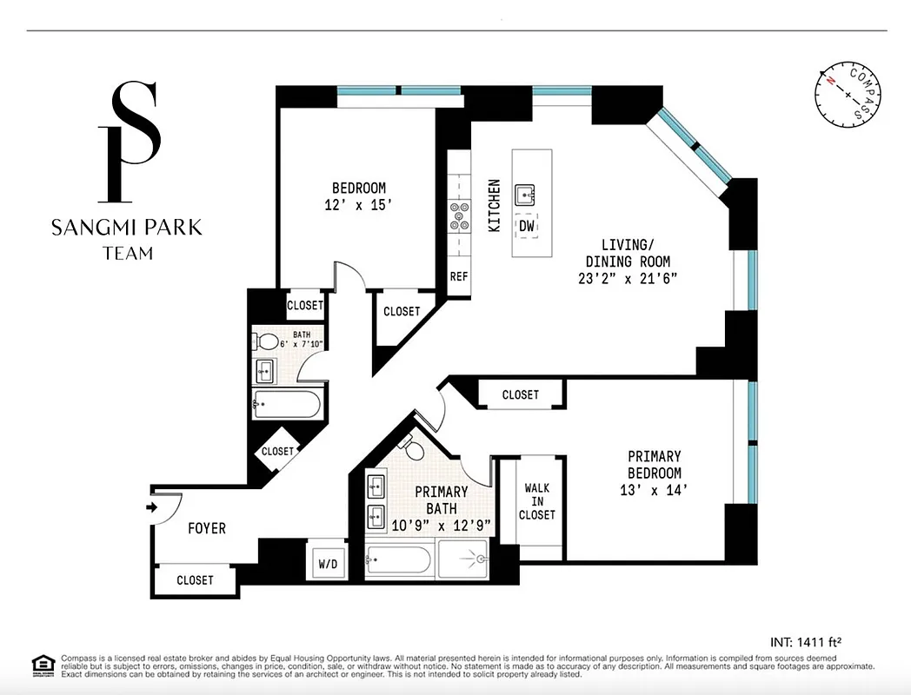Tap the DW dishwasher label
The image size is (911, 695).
click(526, 225)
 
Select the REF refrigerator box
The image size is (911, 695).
click(458, 278)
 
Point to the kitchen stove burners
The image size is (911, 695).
click(458, 215)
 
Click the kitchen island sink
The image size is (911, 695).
click(526, 194)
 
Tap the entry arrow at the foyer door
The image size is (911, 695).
click(156, 507)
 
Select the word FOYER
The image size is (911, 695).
click(207, 528)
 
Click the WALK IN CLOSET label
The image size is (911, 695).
click(537, 501)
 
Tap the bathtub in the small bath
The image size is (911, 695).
click(286, 404)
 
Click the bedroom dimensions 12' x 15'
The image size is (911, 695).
click(358, 205)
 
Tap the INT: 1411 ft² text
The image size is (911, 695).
click(805, 642)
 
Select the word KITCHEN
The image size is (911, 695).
click(494, 205)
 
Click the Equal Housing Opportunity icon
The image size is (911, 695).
click(41, 665)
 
